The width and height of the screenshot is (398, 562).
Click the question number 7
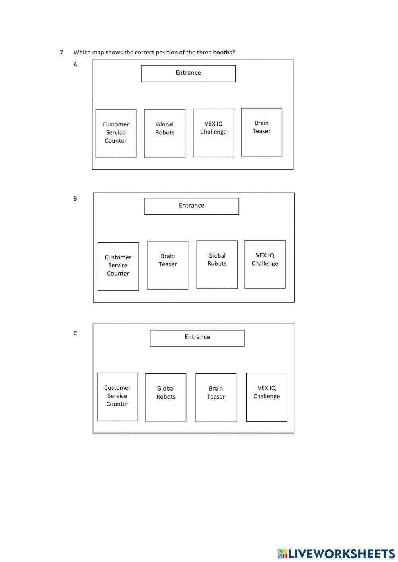pos(62,53)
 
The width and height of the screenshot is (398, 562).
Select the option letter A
pos(75,64)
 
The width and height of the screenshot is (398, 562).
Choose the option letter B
pos(75,199)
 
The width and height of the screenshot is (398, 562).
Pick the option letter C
pos(75,333)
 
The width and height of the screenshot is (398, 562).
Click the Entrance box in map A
pos(188,74)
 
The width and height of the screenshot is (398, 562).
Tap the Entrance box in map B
pos(191,206)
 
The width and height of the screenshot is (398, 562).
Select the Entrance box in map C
pos(197,338)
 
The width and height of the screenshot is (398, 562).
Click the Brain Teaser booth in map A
pos(261,132)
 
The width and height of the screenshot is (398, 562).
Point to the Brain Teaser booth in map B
pos(168,265)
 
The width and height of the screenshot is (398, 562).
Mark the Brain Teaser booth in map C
pos(216,397)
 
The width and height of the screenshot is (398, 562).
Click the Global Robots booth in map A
pos(165,133)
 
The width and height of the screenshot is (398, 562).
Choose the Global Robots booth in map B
pos(217,264)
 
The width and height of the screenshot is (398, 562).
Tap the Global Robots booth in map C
pos(166,397)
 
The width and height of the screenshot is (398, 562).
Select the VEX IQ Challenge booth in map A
pos(213,133)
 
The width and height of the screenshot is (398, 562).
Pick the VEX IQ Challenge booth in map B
pos(265,264)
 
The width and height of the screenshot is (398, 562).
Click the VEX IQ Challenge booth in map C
pos(266,397)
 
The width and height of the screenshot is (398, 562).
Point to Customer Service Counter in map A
pos(115,133)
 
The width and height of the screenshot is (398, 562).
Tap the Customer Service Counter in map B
pos(118,266)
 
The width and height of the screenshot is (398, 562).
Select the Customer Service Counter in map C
pos(117,397)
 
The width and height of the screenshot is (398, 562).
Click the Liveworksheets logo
pos(336,554)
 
